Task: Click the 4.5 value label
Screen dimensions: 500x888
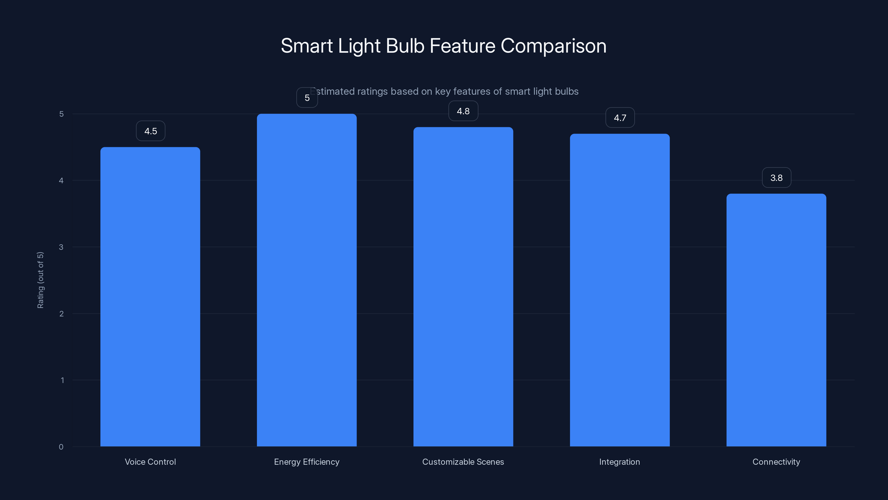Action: (151, 131)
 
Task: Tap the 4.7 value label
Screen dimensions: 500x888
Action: (620, 118)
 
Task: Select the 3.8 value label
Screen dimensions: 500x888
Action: (776, 178)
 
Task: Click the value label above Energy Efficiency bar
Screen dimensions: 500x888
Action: (307, 98)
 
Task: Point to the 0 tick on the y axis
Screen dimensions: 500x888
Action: (61, 447)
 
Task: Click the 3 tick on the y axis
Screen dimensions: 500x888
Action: (61, 247)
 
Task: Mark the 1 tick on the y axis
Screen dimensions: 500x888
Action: (62, 380)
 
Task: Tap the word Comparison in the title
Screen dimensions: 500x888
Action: (553, 46)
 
